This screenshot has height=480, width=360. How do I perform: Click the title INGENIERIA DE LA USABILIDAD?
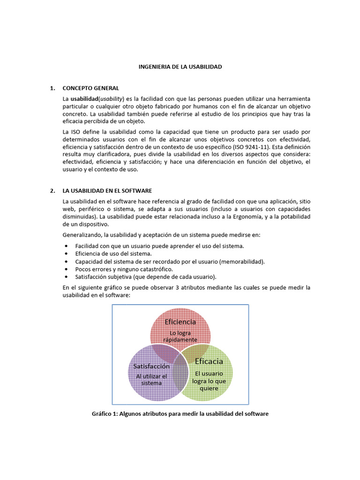click(x=180, y=67)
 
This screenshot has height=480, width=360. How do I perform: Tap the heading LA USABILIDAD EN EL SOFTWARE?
click(x=107, y=191)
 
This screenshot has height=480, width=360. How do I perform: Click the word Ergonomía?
click(x=259, y=217)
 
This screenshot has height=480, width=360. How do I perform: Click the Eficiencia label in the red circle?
click(x=180, y=322)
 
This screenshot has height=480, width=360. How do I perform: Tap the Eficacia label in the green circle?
click(x=209, y=361)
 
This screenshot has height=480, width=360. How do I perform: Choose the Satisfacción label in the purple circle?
click(x=151, y=366)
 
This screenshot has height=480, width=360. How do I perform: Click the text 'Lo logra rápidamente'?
click(x=180, y=336)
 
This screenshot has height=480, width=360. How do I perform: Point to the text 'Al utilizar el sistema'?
click(x=151, y=379)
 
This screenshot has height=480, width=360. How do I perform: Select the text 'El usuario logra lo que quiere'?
click(x=209, y=381)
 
